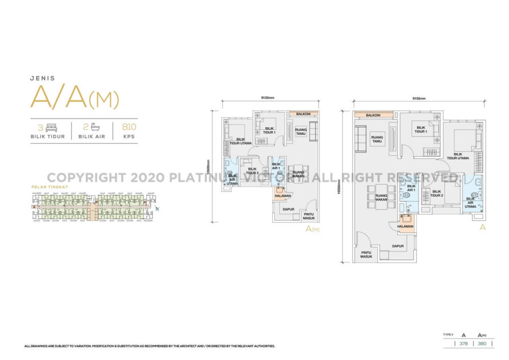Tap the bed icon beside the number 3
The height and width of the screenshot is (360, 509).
point(51,128)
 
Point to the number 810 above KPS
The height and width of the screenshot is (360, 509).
point(122,127)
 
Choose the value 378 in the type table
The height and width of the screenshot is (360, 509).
point(463,343)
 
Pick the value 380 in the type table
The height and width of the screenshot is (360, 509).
point(482,343)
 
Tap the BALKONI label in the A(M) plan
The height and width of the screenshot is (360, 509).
point(303,114)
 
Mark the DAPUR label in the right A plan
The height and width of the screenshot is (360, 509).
point(397,246)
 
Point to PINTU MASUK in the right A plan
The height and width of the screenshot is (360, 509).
point(366,255)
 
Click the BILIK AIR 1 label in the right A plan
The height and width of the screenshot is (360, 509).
point(411,188)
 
